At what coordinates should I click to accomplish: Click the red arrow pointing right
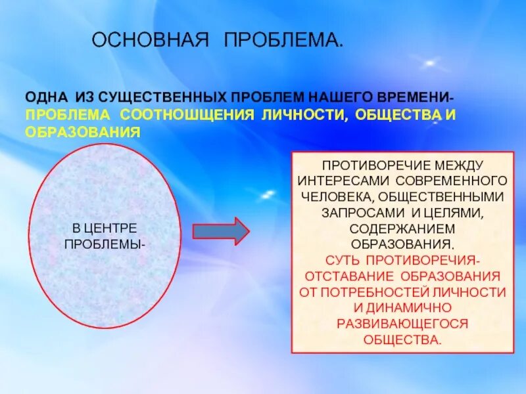[x=220, y=230]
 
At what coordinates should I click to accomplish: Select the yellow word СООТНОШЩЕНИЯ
[x=187, y=114]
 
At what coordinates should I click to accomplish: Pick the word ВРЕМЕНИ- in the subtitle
[x=417, y=97]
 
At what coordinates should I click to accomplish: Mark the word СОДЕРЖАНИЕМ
[x=402, y=228]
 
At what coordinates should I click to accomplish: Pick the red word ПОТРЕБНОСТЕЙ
[x=390, y=292]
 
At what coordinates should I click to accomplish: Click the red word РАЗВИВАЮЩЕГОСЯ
[x=402, y=324]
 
